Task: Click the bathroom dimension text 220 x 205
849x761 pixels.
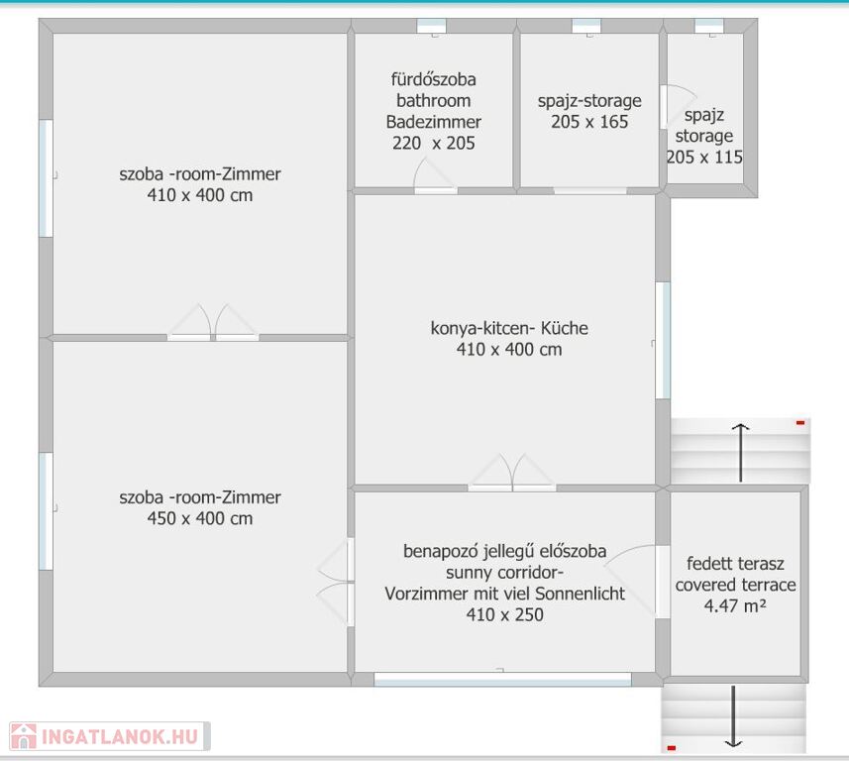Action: coord(433,143)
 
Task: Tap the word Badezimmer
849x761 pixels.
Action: coord(433,122)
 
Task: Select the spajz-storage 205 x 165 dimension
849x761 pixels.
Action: coord(589,122)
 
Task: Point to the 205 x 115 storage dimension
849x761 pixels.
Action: coord(704,158)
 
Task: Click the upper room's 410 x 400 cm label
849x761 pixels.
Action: coord(200,195)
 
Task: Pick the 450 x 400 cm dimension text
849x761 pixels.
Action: coord(200,518)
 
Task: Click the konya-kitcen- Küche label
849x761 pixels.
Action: coord(509,328)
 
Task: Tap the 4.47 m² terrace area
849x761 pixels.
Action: coord(735,605)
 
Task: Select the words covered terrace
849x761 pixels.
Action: coord(735,585)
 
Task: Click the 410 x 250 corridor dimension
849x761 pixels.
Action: coord(504,614)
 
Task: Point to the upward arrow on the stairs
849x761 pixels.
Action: coord(740,453)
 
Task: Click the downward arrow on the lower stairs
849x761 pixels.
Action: coord(733,716)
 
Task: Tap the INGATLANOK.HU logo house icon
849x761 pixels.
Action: coord(24,736)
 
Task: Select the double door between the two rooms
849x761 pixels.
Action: coord(213,323)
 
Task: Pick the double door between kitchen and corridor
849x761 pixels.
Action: coord(511,473)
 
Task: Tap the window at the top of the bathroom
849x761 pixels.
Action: coord(432,26)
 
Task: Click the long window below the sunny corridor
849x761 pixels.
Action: coord(502,679)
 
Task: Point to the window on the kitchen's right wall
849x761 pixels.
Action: coord(664,341)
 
